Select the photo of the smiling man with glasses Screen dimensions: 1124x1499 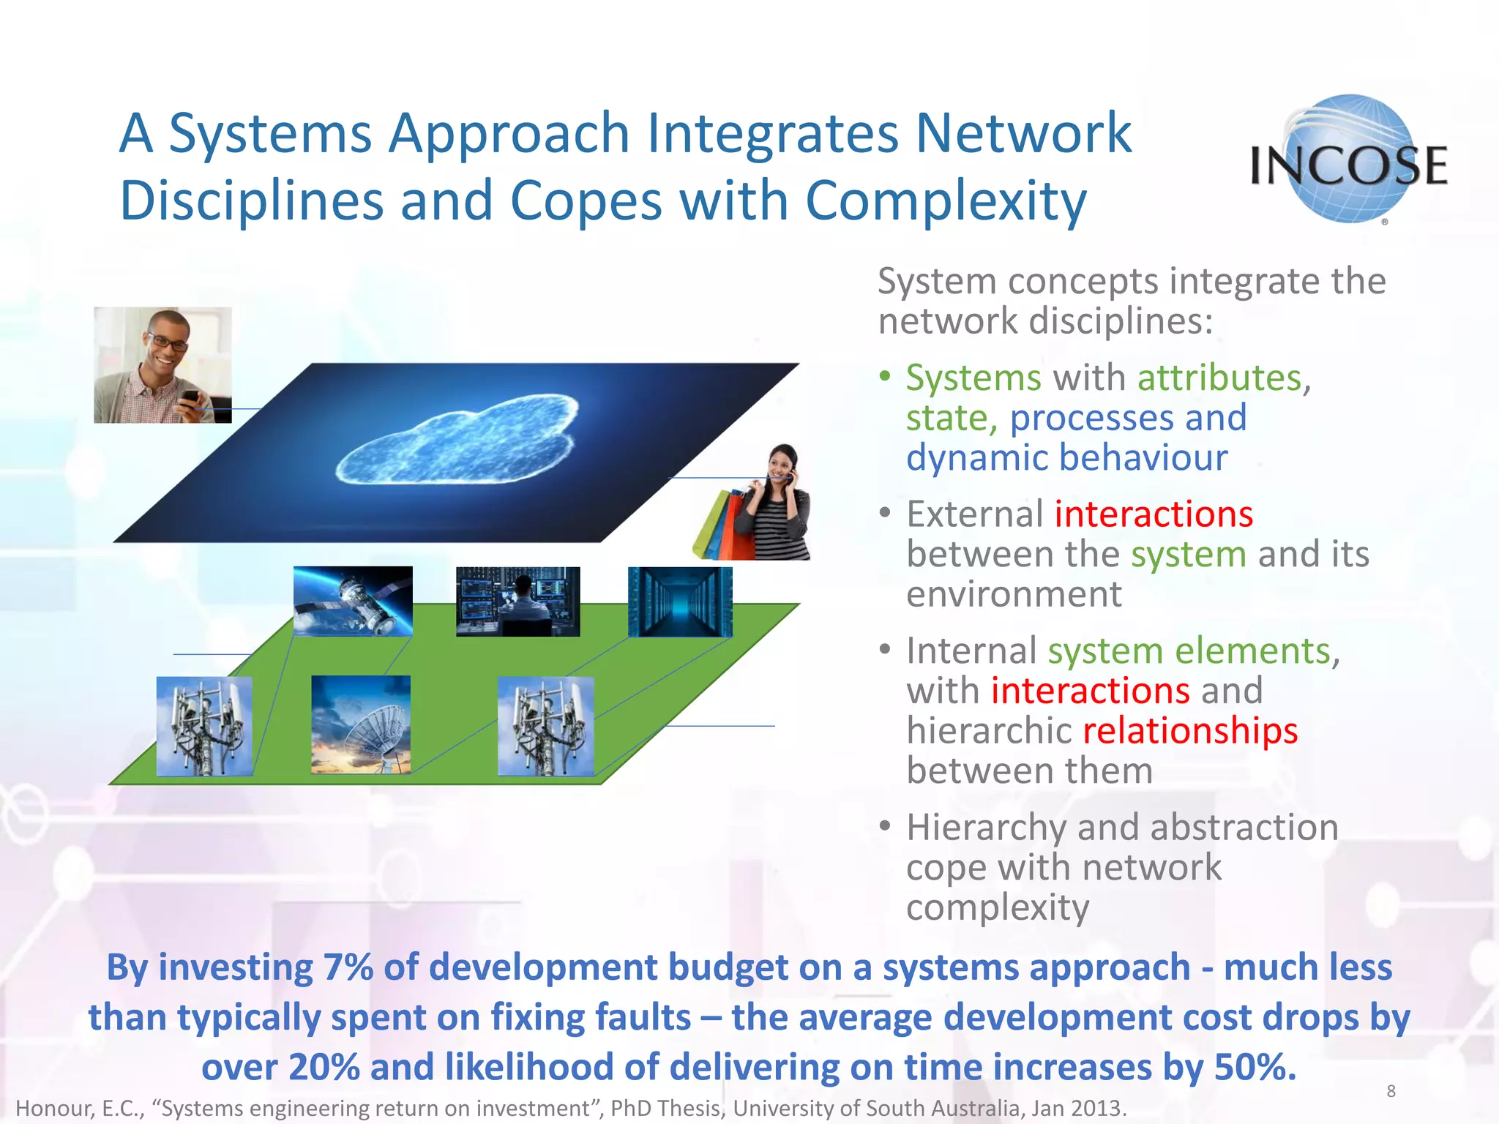click(x=162, y=364)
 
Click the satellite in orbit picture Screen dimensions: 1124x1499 click(x=353, y=601)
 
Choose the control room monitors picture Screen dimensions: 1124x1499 click(x=517, y=601)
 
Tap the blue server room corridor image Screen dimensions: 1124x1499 click(x=680, y=601)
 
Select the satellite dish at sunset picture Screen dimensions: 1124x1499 click(x=361, y=724)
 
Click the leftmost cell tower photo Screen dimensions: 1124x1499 click(x=204, y=726)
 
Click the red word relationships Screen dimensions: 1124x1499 click(x=1189, y=730)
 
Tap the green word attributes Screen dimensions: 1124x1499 click(x=1219, y=378)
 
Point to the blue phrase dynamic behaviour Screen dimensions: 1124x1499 click(x=1066, y=458)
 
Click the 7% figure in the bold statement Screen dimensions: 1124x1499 click(x=348, y=967)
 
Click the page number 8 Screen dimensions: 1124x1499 click(x=1391, y=1091)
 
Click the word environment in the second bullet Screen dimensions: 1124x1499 click(x=1014, y=593)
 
